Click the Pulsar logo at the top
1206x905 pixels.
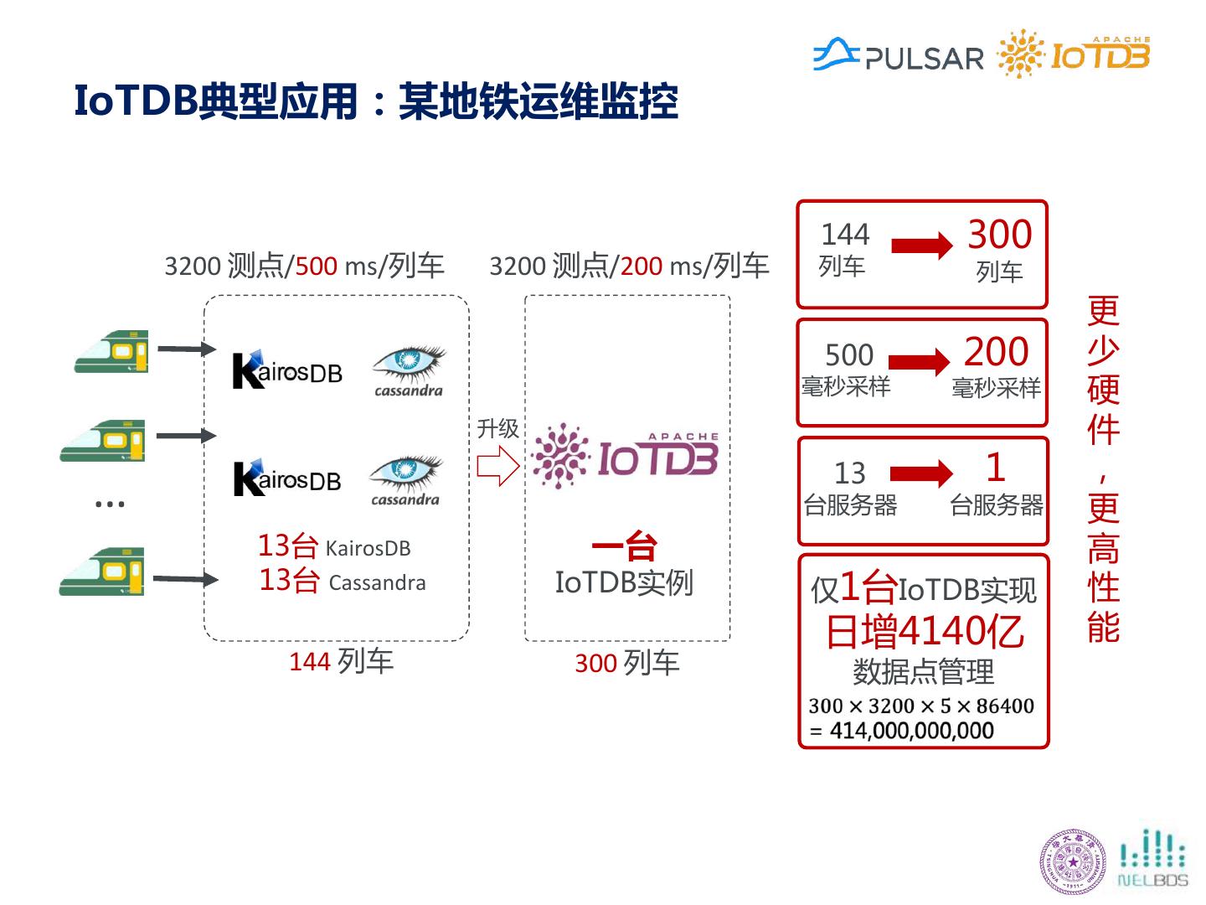(x=898, y=56)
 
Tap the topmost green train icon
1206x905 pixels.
(x=112, y=351)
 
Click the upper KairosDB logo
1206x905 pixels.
(x=286, y=370)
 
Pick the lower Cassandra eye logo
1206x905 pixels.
(x=406, y=480)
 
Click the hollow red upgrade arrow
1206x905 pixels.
(x=498, y=466)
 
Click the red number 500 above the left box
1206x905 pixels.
(x=316, y=266)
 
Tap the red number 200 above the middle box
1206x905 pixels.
(x=642, y=266)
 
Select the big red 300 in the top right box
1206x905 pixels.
(x=999, y=235)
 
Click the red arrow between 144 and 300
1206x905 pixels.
(x=921, y=246)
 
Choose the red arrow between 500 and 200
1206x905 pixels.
(x=919, y=362)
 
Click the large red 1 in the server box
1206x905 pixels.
(x=995, y=467)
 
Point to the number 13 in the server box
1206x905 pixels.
(x=850, y=473)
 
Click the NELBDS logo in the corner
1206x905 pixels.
(x=1153, y=858)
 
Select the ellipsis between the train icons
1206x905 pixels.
(x=110, y=504)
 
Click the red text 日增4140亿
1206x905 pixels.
(x=924, y=631)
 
